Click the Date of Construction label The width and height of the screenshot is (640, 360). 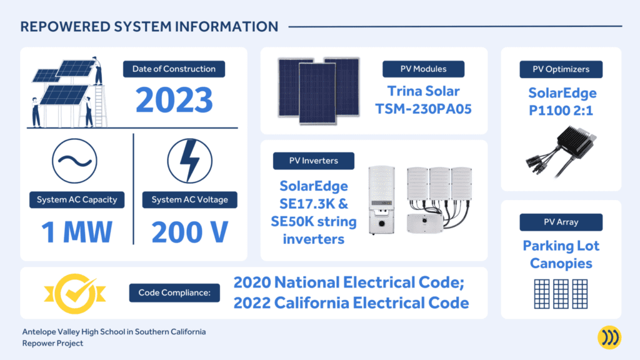point(174,69)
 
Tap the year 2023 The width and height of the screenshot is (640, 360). point(174,99)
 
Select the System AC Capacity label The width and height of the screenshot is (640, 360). point(77,199)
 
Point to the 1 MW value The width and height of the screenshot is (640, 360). point(77,232)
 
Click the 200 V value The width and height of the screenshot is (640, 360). point(190,232)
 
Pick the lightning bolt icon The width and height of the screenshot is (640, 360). point(190,161)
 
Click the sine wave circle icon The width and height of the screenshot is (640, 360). point(75,161)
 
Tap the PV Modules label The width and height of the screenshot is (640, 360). point(423,69)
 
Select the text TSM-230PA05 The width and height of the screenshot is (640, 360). point(423,109)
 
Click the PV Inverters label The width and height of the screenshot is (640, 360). point(314,161)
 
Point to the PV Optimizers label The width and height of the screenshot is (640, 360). point(561,69)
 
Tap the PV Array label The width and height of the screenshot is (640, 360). point(561,222)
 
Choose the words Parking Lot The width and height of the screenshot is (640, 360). point(561,246)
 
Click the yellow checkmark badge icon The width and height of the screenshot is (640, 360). point(75,294)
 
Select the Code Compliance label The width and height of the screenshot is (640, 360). point(174,292)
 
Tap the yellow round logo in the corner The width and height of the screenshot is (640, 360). point(609,337)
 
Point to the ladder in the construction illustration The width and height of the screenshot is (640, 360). point(99,105)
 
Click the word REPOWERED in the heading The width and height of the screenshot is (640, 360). point(65,27)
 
